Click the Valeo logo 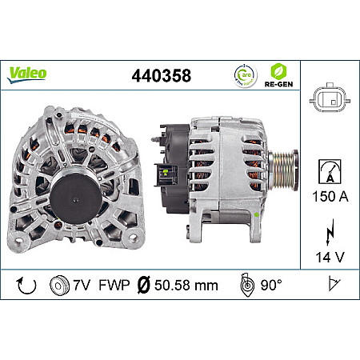[27, 73]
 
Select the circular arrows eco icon [243, 75]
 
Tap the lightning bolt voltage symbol [329, 236]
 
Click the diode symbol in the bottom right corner [330, 286]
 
